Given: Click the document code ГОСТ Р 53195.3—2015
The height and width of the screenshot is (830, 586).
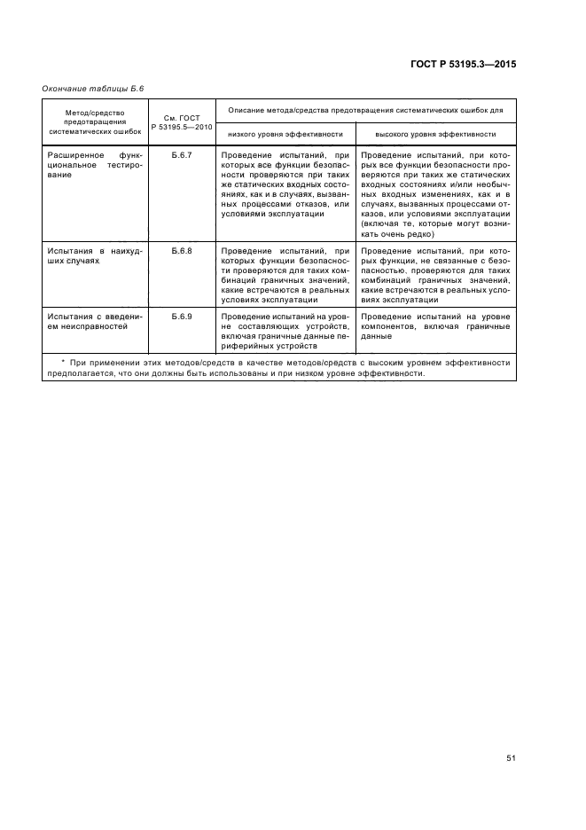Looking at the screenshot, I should point(474,65).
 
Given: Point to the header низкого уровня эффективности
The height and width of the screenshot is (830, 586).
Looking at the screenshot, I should point(285,134).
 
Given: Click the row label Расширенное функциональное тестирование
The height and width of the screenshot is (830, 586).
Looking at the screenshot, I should point(92,165).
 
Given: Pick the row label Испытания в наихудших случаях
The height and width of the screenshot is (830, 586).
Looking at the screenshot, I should point(92,257).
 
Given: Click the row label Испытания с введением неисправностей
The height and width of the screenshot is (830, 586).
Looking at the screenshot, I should point(92,321).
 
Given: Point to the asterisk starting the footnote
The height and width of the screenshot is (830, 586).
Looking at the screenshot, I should point(63,363).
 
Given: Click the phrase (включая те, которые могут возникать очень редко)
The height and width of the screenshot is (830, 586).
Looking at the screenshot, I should point(434,230).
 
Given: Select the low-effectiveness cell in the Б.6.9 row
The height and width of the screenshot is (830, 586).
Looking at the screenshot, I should point(285,332).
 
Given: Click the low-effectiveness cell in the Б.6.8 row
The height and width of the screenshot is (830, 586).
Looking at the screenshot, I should point(285,276).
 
